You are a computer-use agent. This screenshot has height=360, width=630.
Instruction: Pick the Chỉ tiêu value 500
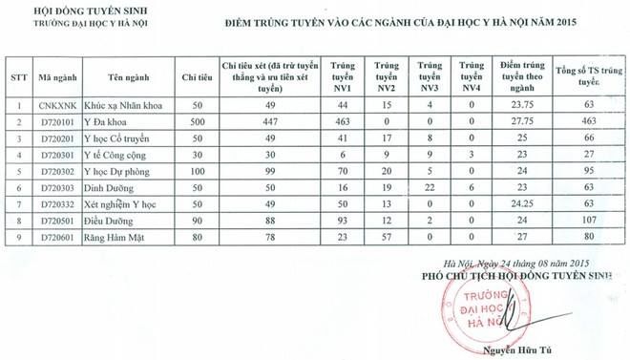click(x=189, y=123)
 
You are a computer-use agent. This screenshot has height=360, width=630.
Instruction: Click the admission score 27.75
click(x=521, y=123)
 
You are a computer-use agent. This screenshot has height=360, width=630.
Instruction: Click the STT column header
click(x=16, y=75)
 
